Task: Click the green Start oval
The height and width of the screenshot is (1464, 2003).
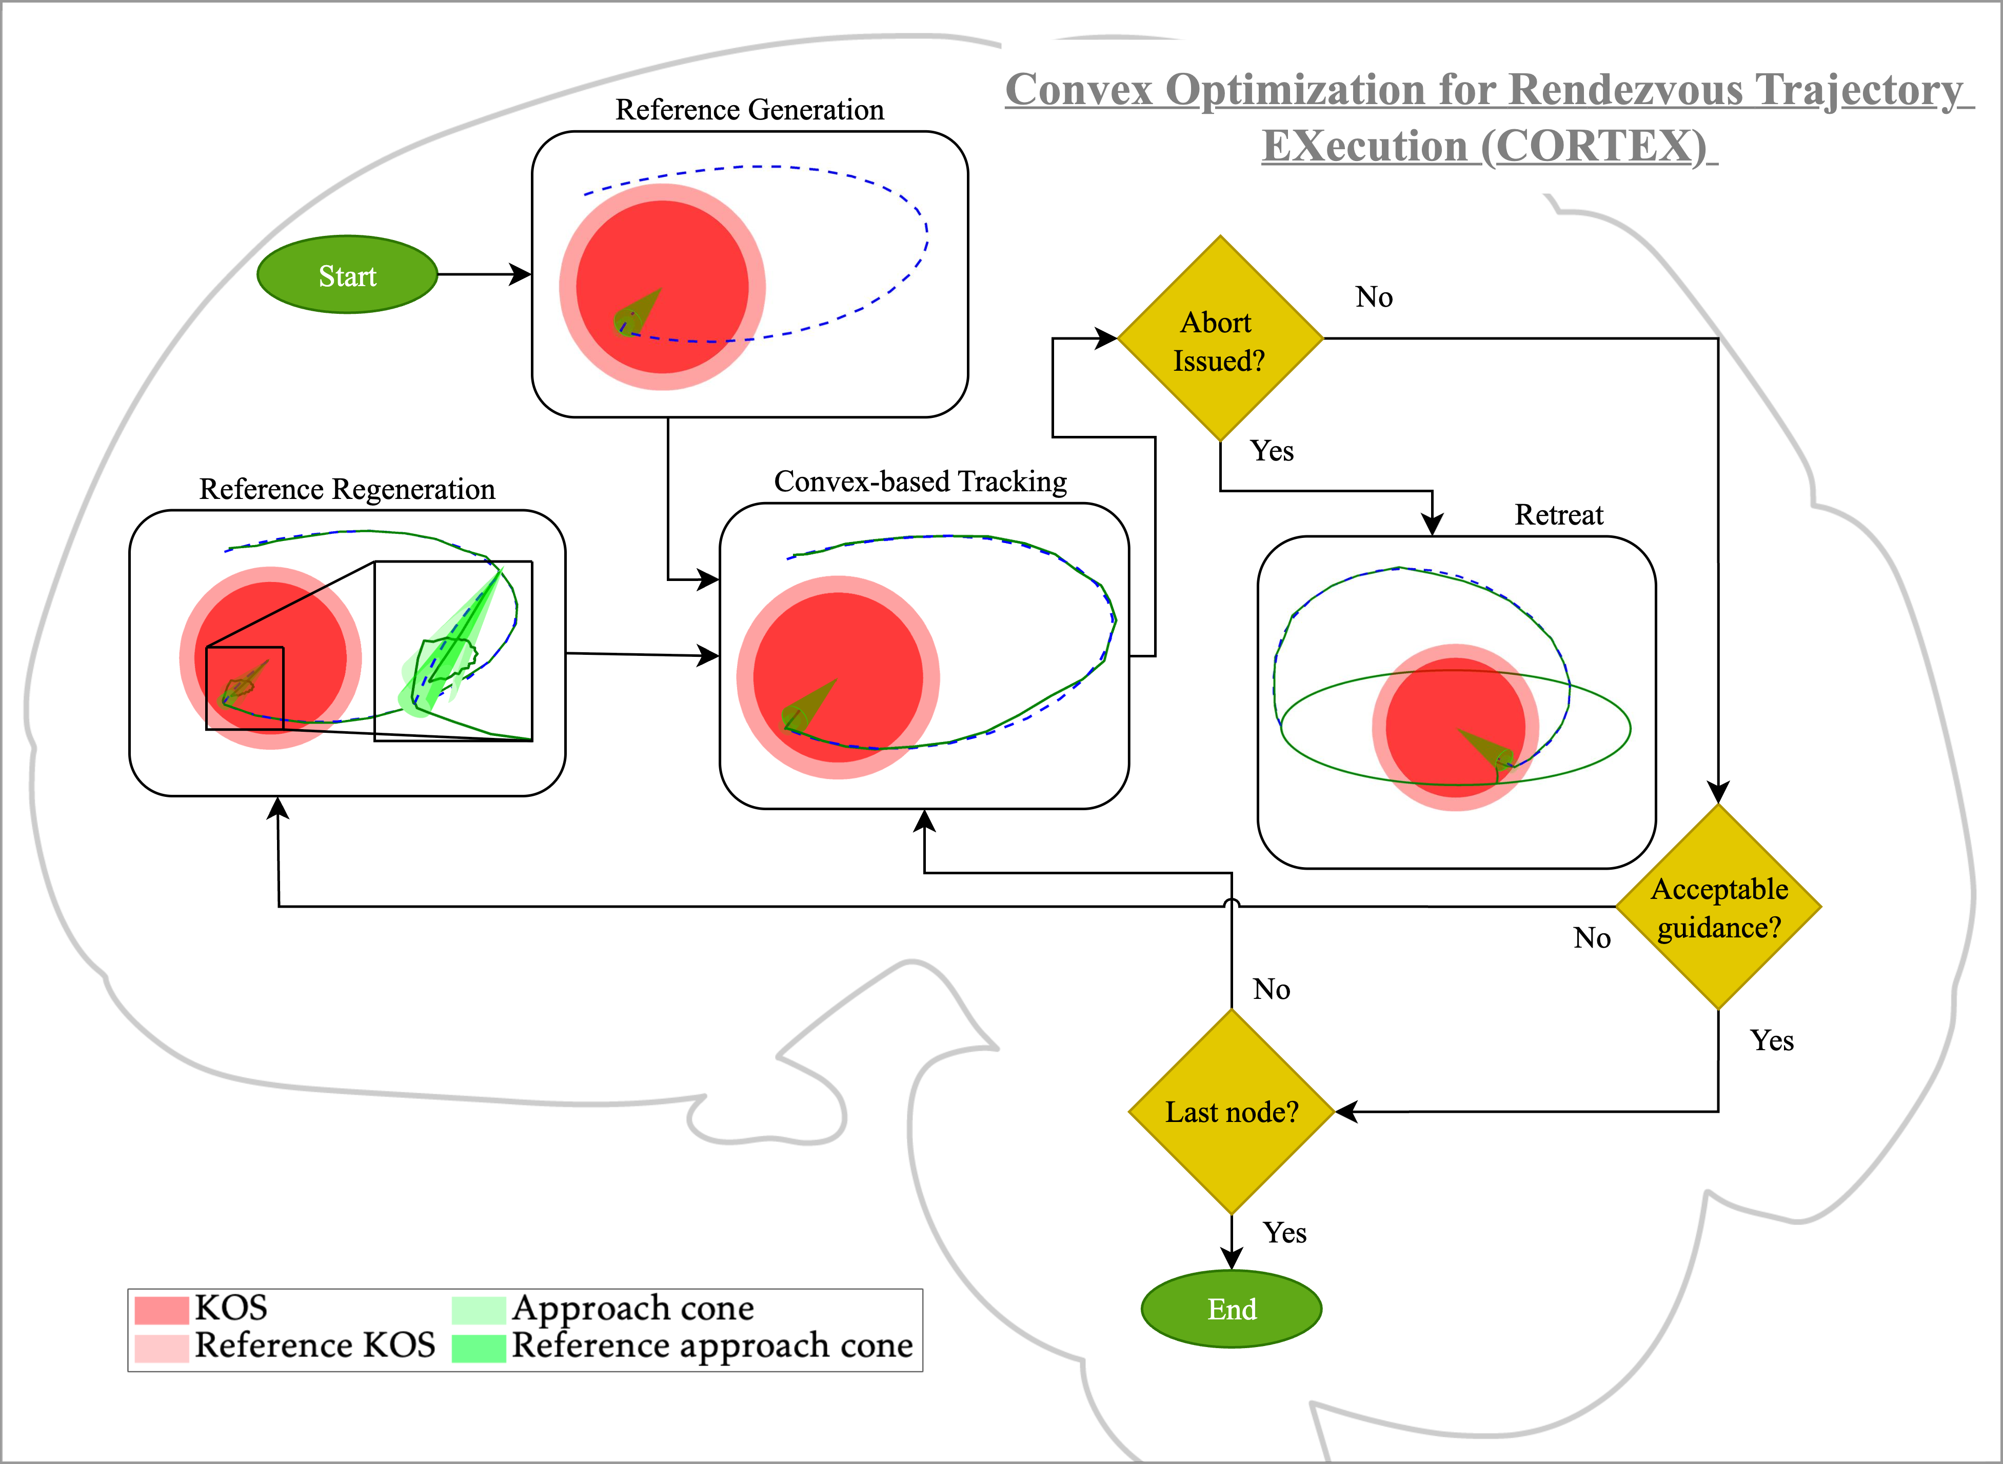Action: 347,275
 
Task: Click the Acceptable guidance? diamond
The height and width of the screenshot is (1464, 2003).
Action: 1718,908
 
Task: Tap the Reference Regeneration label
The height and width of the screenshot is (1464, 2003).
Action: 347,489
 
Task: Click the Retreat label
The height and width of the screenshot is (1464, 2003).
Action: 1558,515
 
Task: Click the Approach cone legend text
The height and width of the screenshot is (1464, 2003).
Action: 633,1308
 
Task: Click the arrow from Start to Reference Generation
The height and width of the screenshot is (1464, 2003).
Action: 483,275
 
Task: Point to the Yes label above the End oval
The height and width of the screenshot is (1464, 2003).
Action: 1284,1233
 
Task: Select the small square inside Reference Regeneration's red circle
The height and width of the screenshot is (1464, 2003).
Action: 245,689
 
